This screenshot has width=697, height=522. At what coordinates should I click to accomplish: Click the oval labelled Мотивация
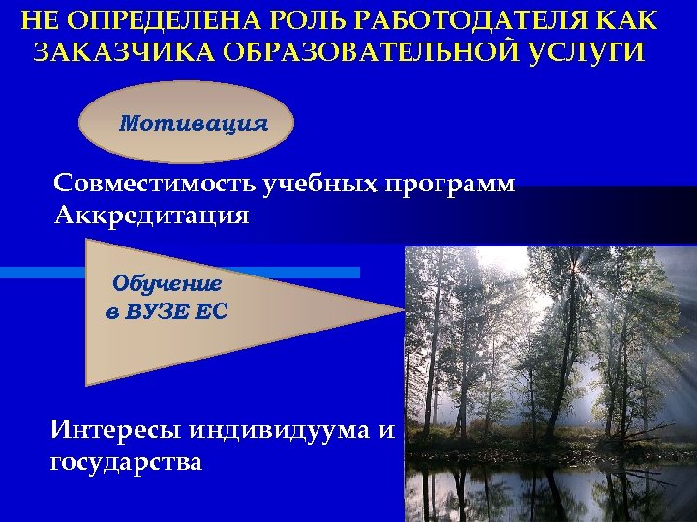(193, 123)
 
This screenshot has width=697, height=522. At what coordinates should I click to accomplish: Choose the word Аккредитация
(152, 215)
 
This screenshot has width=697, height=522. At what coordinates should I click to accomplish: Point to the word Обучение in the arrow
(167, 284)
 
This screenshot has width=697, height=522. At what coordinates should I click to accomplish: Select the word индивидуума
(281, 429)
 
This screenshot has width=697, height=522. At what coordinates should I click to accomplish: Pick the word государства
(126, 463)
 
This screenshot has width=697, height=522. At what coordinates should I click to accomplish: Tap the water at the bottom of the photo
(542, 493)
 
